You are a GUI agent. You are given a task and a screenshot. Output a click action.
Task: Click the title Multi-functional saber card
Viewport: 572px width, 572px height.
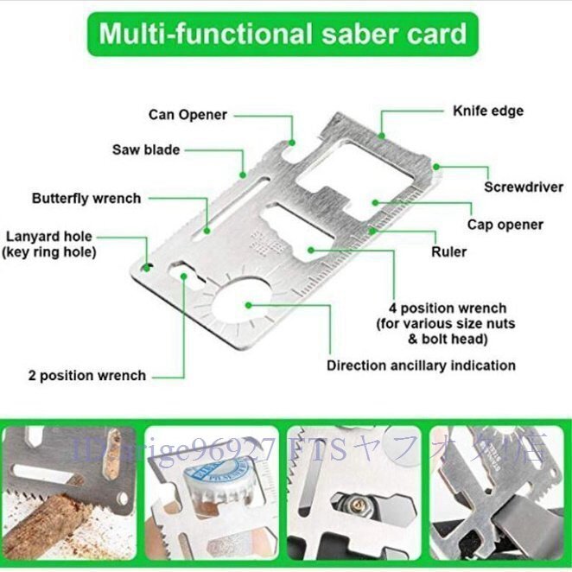283,35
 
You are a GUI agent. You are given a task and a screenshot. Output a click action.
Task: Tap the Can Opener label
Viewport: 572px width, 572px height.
187,115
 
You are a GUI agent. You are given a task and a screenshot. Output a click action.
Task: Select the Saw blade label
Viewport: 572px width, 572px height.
146,149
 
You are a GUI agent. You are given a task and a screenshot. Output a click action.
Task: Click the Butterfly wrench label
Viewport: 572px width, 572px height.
86,198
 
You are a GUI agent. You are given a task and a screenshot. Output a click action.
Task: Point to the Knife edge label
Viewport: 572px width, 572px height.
488,111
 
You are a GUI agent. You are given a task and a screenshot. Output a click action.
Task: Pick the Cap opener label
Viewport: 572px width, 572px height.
505,225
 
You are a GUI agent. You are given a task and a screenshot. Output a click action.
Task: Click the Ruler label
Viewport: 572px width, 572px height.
448,252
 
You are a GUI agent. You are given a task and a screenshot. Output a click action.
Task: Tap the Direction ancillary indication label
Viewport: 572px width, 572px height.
421,365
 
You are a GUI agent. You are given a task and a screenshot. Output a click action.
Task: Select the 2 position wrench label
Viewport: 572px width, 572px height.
86,376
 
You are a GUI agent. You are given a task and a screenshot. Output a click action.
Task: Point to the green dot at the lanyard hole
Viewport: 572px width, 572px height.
148,266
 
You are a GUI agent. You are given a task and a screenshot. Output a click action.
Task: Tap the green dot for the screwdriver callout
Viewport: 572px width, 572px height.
436,165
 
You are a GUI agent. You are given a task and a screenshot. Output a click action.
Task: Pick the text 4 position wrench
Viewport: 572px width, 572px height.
448,308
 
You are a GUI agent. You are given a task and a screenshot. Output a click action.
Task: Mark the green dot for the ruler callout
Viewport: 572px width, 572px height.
372,231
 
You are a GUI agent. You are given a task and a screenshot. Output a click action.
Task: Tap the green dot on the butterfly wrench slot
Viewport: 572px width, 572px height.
207,231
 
